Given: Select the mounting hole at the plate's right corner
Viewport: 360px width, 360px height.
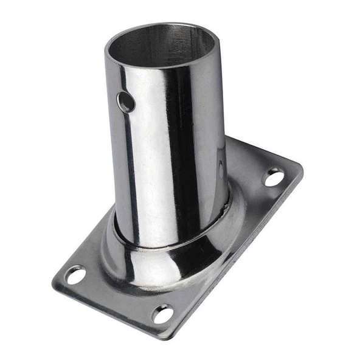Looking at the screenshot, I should (x=274, y=178).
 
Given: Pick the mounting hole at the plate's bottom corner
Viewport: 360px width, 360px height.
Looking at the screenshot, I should (x=162, y=314).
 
